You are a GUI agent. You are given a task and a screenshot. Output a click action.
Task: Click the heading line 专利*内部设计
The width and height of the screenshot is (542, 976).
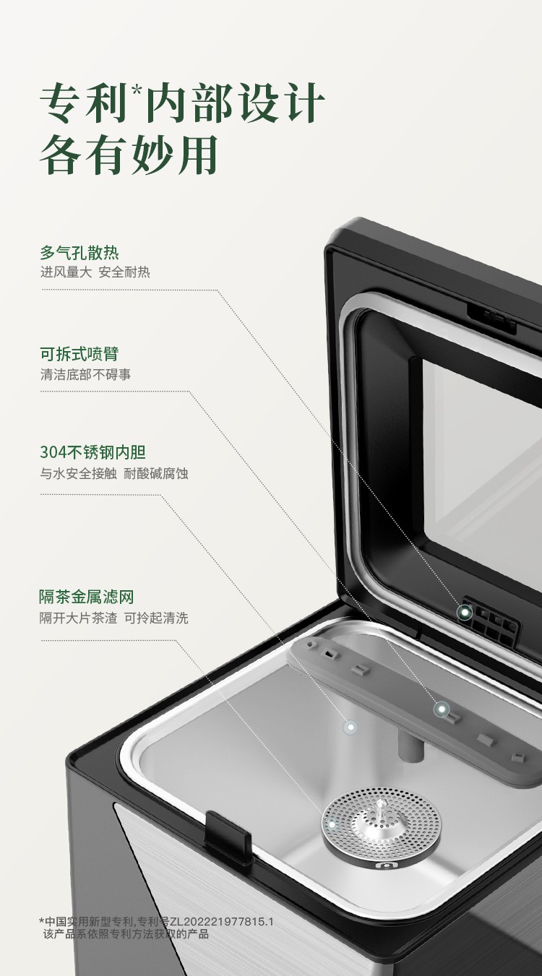(x=182, y=103)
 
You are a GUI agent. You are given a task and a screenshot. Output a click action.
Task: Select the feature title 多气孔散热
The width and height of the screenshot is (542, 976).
(x=79, y=253)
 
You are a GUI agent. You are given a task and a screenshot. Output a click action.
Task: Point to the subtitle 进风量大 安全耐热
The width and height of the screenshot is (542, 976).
(x=95, y=272)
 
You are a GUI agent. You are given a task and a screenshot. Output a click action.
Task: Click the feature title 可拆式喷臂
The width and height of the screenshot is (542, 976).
(x=79, y=354)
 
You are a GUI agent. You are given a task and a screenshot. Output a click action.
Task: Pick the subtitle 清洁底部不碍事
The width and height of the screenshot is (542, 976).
(x=85, y=374)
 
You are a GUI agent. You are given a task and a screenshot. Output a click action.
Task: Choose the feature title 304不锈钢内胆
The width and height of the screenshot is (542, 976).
(x=93, y=452)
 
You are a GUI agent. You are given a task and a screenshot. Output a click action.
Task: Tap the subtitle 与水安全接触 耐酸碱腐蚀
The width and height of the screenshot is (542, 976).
(x=114, y=473)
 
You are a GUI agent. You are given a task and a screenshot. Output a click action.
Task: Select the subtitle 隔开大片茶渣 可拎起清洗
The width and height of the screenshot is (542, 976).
(x=113, y=618)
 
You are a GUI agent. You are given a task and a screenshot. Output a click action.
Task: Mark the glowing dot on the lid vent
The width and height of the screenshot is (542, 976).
(x=465, y=612)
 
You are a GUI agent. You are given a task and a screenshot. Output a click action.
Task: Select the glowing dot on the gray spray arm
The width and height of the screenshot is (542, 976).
(x=442, y=709)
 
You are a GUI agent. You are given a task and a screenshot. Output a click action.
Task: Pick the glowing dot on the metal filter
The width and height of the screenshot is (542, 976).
(x=332, y=825)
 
